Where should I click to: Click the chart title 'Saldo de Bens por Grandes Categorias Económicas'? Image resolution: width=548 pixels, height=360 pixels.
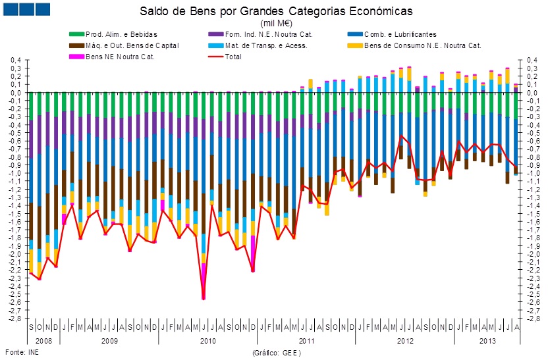(x=275, y=11)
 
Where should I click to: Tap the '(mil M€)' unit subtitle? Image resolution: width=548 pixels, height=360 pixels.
(x=276, y=22)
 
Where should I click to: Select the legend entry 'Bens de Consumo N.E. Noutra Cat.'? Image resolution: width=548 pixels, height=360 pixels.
(x=422, y=45)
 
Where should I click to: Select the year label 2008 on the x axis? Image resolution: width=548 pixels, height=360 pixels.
(x=43, y=341)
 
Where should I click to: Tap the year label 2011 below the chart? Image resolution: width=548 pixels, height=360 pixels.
(x=306, y=341)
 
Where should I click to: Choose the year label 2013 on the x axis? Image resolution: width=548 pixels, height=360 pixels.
(x=487, y=341)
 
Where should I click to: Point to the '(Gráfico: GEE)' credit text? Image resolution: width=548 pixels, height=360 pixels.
(x=276, y=353)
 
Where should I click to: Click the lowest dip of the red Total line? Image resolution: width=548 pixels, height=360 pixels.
(x=204, y=299)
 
